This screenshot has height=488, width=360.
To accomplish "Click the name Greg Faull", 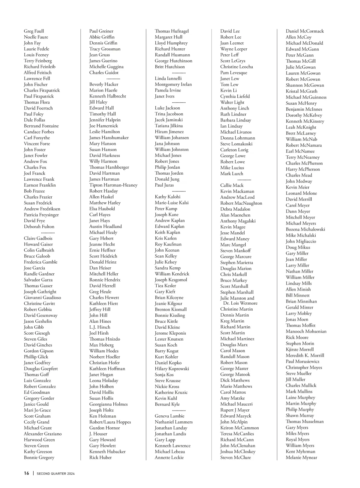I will tap(34, 31).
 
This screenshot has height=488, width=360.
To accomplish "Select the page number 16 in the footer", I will tap(27, 473).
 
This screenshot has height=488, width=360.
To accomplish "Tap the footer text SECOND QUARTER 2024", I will tap(55, 474).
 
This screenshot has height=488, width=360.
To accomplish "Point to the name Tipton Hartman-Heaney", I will tap(113, 185).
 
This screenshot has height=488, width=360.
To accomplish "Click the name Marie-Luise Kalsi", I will tap(172, 203).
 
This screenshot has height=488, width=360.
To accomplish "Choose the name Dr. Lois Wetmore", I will tap(240, 303).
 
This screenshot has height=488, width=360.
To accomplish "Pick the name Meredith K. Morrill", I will tap(305, 356).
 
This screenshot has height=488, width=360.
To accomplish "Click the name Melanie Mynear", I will tap(301, 458).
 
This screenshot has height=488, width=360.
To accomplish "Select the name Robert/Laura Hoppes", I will tap(110, 422).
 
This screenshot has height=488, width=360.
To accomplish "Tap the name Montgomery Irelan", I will tap(173, 85).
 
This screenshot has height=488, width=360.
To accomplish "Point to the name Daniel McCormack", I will tap(304, 31).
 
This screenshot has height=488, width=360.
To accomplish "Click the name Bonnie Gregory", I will tap(39, 458).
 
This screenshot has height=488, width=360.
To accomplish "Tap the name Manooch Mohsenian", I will tap(306, 332).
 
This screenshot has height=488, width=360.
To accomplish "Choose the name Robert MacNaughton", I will tap(241, 203).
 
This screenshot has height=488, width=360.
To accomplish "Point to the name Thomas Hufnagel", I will tap(172, 31).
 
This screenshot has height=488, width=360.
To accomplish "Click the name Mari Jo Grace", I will tap(37, 410).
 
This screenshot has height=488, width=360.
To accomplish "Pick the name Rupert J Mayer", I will tap(235, 410).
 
